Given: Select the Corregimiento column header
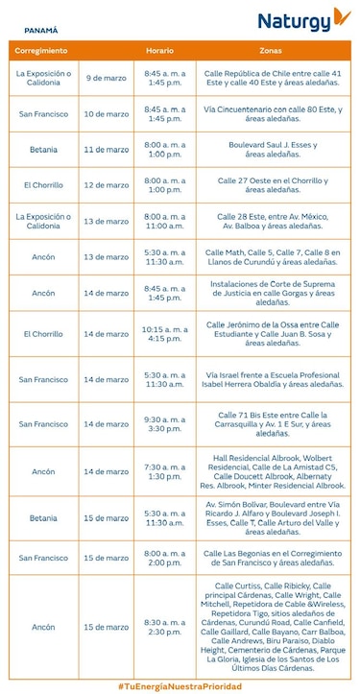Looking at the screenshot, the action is click(42, 49).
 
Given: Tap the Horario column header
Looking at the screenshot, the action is click(159, 49).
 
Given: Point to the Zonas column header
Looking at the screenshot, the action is click(272, 49).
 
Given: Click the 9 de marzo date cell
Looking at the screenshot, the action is click(105, 77).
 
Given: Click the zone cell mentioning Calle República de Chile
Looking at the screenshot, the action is click(273, 77).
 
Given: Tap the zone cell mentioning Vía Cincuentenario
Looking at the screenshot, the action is click(273, 113).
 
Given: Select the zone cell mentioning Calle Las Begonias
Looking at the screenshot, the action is click(273, 558).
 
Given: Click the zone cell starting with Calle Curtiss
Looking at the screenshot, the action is click(273, 627).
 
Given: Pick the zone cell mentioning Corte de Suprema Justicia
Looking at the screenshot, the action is click(273, 293).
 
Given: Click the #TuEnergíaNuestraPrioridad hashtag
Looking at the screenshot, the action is click(180, 685).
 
